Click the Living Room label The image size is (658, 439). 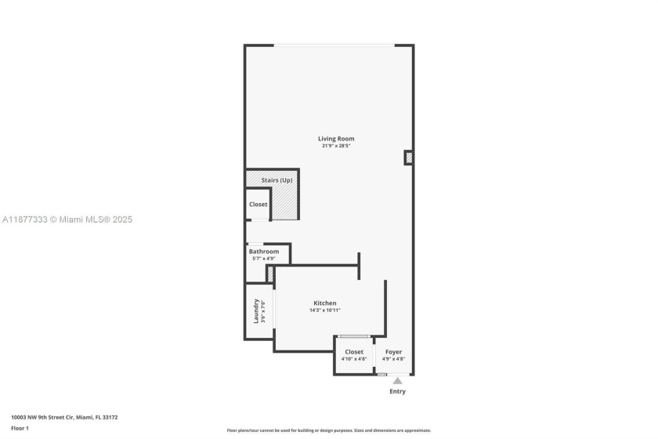(336, 139)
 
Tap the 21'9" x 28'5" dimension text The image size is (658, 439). (336, 146)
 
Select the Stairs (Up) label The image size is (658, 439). (277, 180)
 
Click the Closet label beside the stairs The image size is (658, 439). (258, 204)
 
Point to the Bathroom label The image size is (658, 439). (264, 251)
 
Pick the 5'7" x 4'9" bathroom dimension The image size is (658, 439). (263, 259)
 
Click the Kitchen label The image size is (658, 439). (325, 303)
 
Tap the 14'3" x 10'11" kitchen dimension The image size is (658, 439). (325, 310)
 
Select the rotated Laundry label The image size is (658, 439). (255, 311)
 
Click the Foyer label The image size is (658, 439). (393, 352)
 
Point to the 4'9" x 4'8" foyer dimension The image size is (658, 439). (393, 359)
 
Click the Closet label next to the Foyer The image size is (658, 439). (354, 352)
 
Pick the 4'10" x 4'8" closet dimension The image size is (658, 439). (354, 359)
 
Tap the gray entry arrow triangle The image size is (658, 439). (397, 381)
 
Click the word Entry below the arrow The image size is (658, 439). (397, 391)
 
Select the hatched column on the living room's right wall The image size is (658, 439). (409, 158)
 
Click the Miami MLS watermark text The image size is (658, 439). (67, 219)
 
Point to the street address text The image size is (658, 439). (64, 417)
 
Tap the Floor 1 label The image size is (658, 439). (20, 428)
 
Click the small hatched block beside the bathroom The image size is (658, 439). (270, 274)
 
